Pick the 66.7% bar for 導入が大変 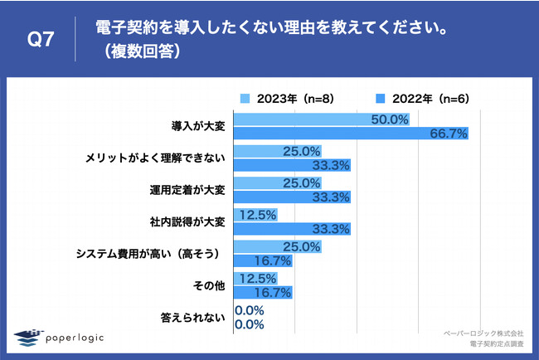click(352, 133)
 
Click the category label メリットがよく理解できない click(156, 158)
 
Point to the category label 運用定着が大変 click(184, 190)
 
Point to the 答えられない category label click(192, 317)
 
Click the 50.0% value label click(391, 119)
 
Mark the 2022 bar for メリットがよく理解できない click(294, 164)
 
